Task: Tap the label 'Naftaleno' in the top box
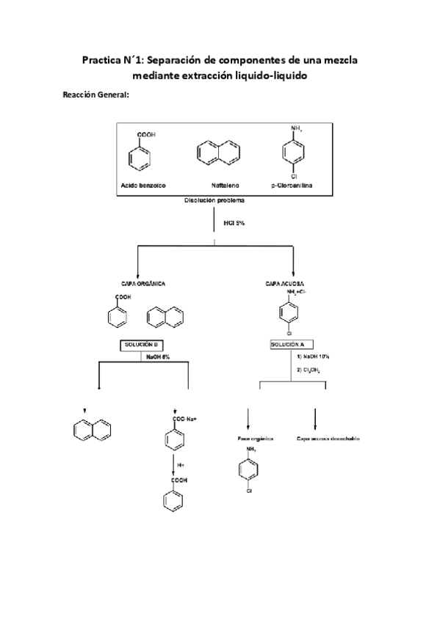point(221,186)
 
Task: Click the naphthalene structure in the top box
point(219,153)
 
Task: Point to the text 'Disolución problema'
point(214,200)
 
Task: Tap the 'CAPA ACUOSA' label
point(286,282)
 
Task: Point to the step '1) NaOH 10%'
point(314,356)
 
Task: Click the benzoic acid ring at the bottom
point(174,502)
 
